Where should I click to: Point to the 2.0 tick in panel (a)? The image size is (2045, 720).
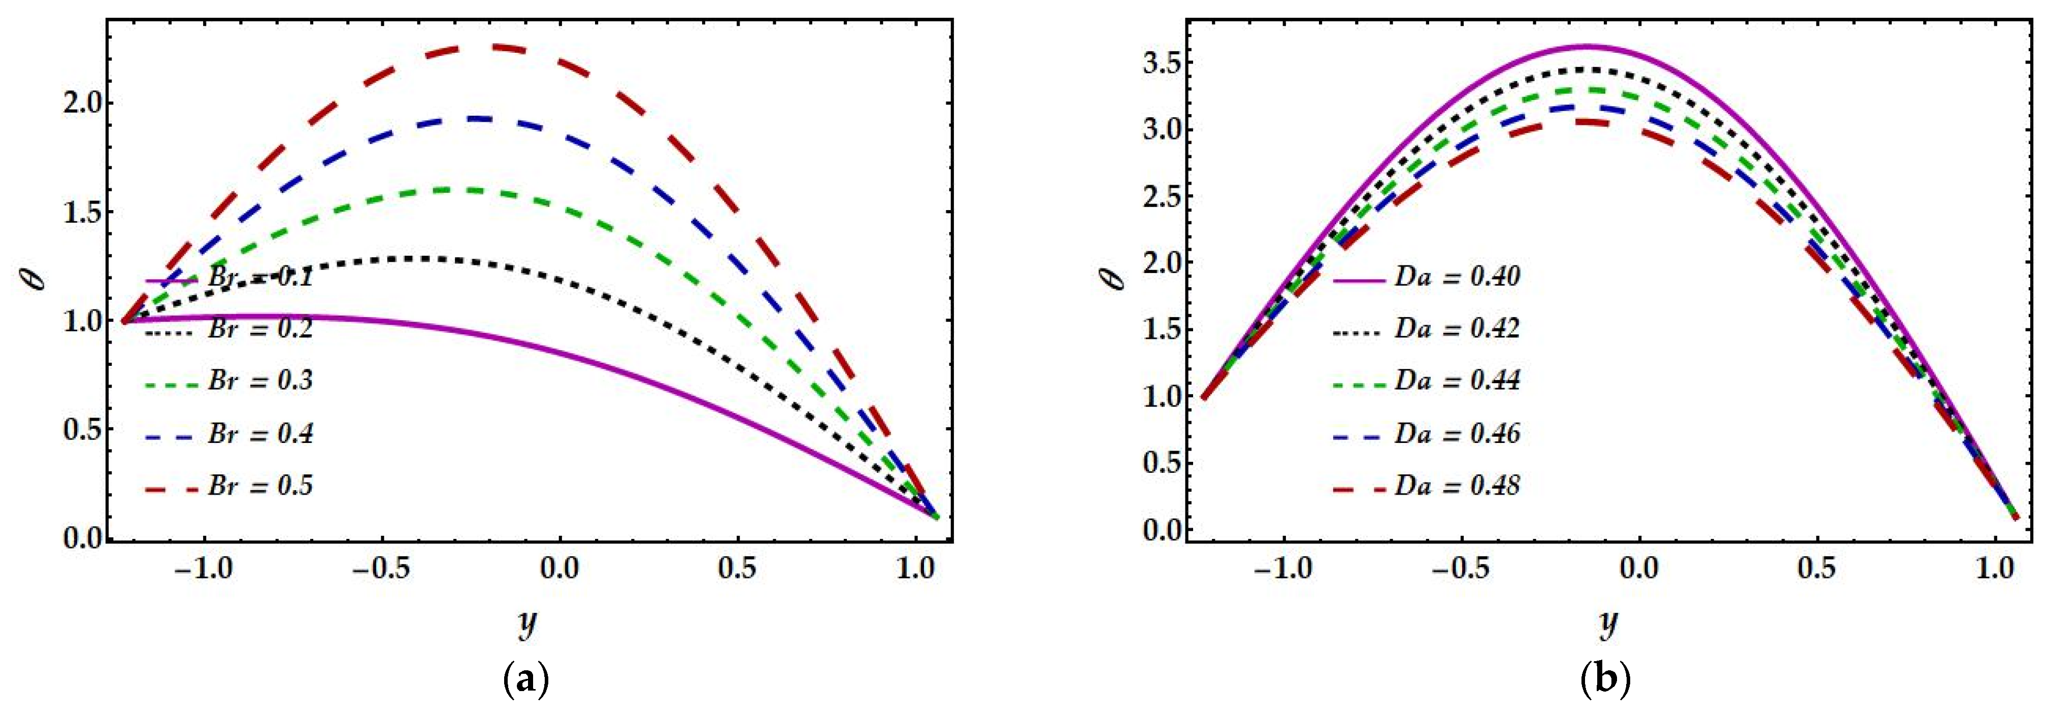coord(82,104)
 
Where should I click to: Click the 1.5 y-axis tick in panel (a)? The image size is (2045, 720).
coord(82,213)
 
